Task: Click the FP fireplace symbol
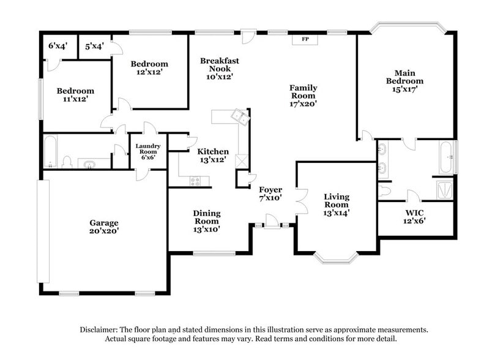(305, 40)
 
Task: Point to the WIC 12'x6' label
(414, 217)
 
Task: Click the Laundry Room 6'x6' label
(147, 151)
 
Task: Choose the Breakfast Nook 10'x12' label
(219, 69)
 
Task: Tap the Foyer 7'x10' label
(270, 194)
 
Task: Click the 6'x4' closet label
(59, 46)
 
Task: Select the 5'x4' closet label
(94, 46)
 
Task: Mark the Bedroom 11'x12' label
(76, 95)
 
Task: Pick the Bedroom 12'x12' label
(149, 69)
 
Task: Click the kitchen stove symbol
(196, 181)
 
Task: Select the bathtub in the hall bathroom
(51, 152)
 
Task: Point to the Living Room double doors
(301, 200)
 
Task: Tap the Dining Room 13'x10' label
(207, 221)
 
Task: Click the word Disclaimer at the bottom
(100, 329)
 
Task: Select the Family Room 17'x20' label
(303, 96)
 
